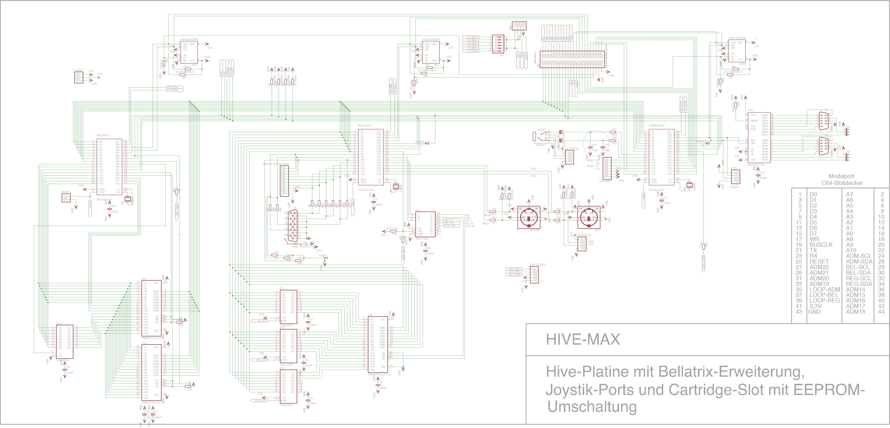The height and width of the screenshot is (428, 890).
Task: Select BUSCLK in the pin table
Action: point(821,245)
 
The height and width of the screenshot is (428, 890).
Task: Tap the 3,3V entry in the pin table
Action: point(815,306)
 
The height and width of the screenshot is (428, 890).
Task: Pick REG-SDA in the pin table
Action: point(859,284)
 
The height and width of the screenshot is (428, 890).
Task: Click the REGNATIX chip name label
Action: point(103,135)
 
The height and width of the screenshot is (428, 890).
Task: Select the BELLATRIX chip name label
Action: point(365,126)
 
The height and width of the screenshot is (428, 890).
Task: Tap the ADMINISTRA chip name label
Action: point(657,126)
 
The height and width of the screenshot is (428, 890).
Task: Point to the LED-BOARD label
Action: point(538,265)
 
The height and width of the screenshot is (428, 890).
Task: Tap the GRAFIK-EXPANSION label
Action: point(275,164)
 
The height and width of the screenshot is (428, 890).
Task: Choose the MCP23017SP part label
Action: point(756,164)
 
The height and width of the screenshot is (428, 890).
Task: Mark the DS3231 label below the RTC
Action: point(735,187)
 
